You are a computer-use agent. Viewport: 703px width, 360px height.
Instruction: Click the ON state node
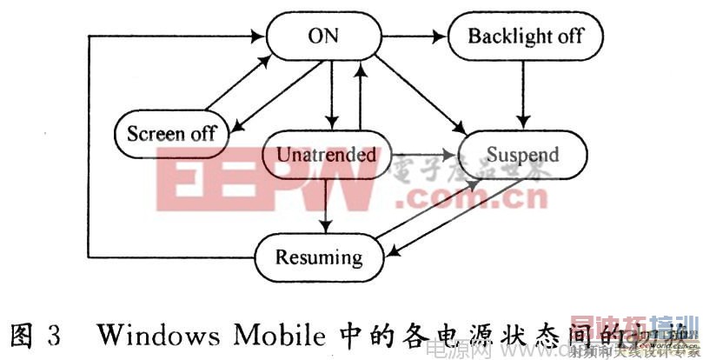322,36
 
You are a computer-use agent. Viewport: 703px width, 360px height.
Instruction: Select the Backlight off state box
525,36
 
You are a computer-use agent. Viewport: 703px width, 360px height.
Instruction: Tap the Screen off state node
171,133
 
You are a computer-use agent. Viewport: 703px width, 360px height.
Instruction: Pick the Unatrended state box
326,156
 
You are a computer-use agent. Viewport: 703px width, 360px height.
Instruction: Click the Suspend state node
522,156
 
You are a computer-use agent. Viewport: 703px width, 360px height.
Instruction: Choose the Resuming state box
319,257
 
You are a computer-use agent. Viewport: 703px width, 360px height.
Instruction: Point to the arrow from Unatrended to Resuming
325,207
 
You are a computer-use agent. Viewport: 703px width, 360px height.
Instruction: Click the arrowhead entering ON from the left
255,37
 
